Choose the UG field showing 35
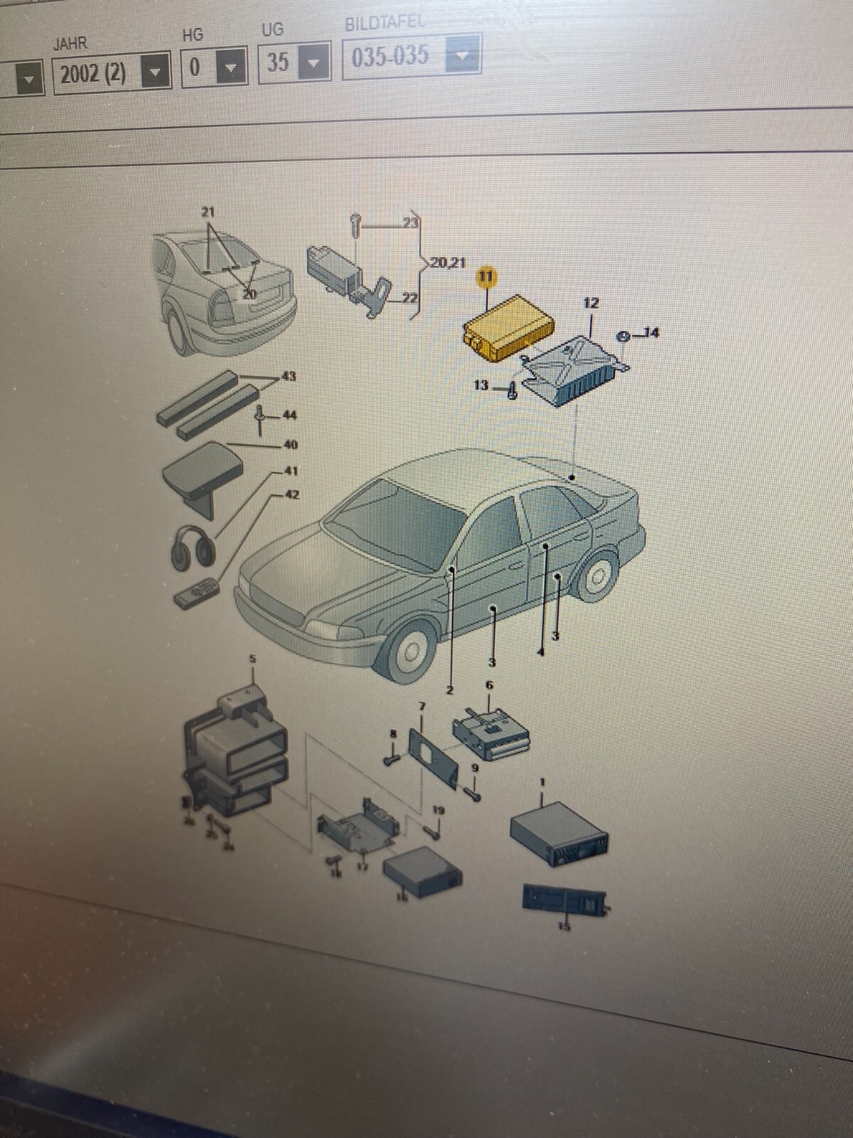(279, 63)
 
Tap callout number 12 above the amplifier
(590, 304)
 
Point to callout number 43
(289, 376)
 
